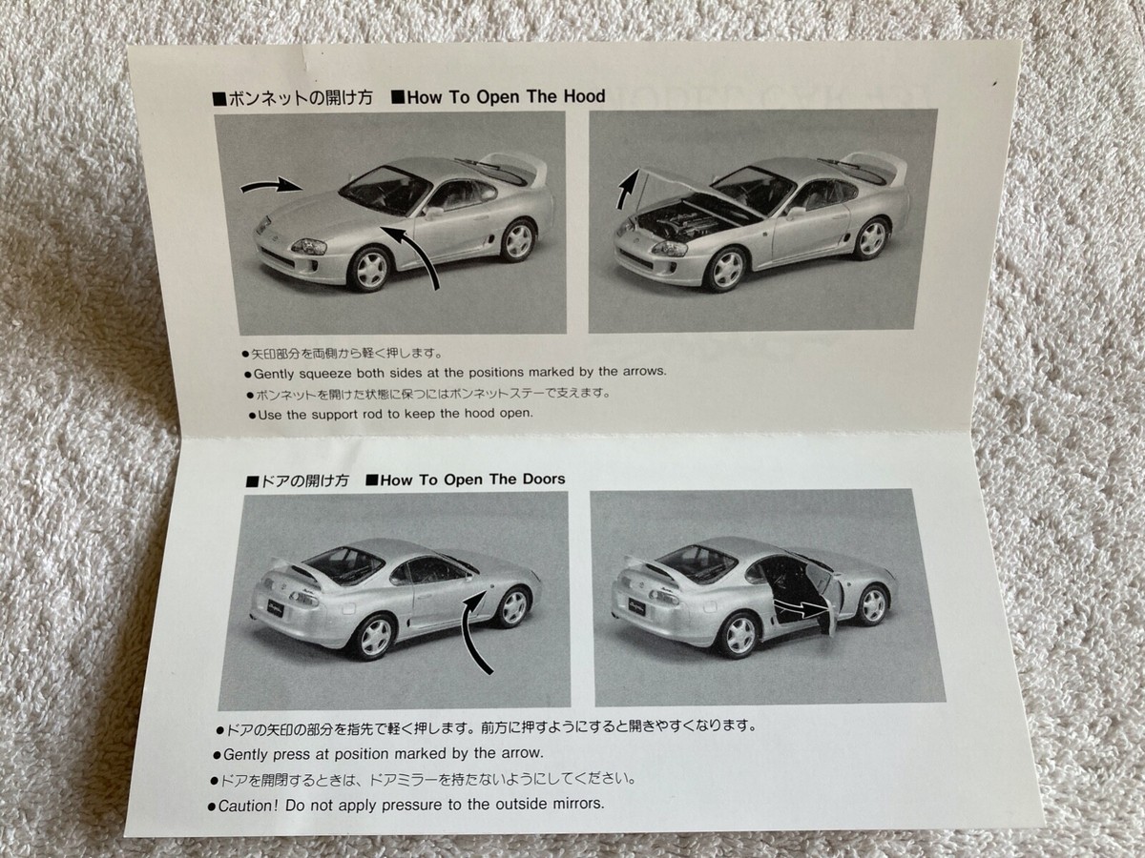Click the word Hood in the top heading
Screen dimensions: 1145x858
[x=584, y=96]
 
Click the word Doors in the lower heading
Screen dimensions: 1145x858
[x=539, y=480]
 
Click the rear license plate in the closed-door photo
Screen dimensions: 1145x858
[x=275, y=607]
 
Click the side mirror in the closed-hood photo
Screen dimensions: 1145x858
[x=433, y=211]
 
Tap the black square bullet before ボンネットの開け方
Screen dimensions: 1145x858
[x=219, y=99]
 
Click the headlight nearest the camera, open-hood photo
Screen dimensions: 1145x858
[x=670, y=249]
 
